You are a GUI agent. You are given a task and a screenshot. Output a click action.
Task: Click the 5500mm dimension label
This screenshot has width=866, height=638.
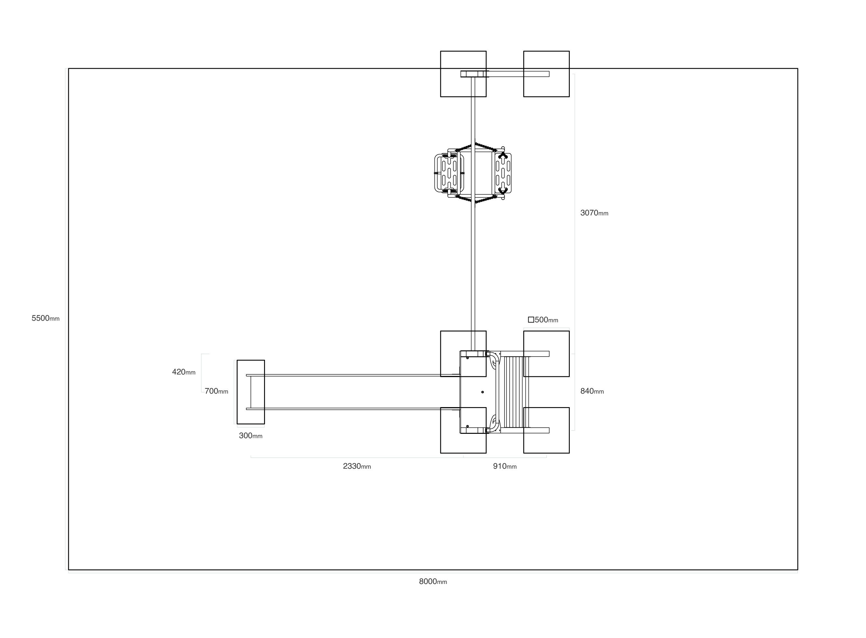tap(46, 318)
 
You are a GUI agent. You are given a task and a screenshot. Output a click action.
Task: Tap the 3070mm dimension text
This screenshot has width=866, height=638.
tap(594, 213)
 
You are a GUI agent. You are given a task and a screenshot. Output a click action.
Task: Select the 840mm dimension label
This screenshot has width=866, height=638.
tap(592, 391)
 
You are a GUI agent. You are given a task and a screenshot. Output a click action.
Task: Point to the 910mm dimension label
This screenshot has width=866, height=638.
tap(505, 466)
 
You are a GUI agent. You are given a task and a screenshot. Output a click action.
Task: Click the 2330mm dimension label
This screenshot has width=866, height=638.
tap(357, 466)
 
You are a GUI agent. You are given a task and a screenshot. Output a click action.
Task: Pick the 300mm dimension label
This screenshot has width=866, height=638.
tap(251, 436)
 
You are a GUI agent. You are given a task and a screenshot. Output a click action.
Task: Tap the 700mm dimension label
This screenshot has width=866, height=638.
tap(216, 391)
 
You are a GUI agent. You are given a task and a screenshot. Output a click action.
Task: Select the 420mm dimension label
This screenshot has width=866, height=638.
tap(184, 372)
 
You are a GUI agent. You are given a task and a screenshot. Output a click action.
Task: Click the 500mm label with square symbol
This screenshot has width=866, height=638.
tap(543, 320)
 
